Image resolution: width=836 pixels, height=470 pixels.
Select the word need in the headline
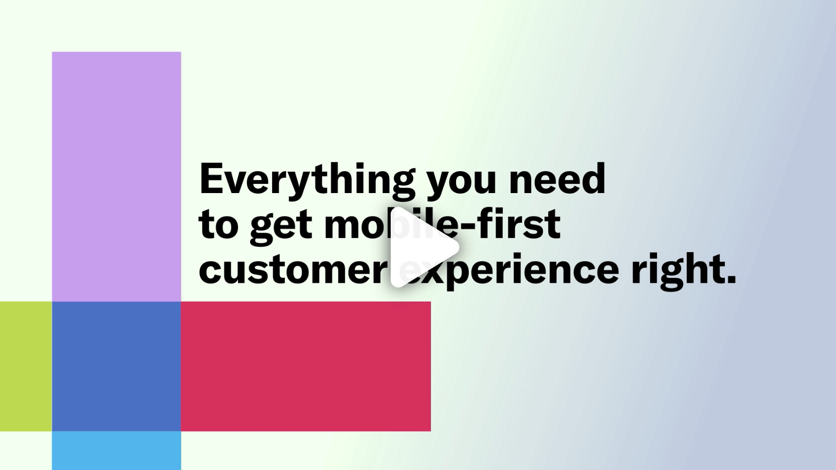click(x=557, y=178)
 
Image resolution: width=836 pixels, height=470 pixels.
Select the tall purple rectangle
click(x=117, y=176)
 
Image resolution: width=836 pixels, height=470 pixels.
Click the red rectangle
click(x=306, y=366)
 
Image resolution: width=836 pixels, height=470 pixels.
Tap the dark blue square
click(x=117, y=366)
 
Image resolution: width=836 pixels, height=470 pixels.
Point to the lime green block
click(x=26, y=366)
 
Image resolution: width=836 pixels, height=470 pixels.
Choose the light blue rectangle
click(x=117, y=450)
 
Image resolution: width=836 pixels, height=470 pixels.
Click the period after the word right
click(x=731, y=279)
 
